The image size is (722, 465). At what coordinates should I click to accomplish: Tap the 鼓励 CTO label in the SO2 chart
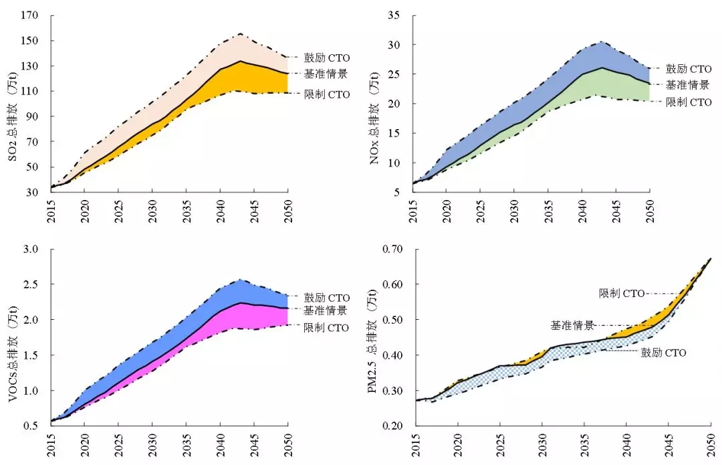(327, 58)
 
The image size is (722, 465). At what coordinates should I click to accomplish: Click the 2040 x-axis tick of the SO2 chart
(220, 205)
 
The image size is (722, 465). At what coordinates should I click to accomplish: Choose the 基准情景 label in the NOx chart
(689, 85)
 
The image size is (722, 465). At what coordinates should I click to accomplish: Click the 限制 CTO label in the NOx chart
(689, 102)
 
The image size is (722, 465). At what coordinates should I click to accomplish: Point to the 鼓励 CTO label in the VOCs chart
(327, 297)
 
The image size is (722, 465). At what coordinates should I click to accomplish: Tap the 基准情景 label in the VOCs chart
(326, 310)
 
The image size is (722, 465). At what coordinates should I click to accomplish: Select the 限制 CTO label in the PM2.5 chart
(622, 293)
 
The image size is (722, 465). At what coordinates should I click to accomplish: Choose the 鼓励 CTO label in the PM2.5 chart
(664, 353)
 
